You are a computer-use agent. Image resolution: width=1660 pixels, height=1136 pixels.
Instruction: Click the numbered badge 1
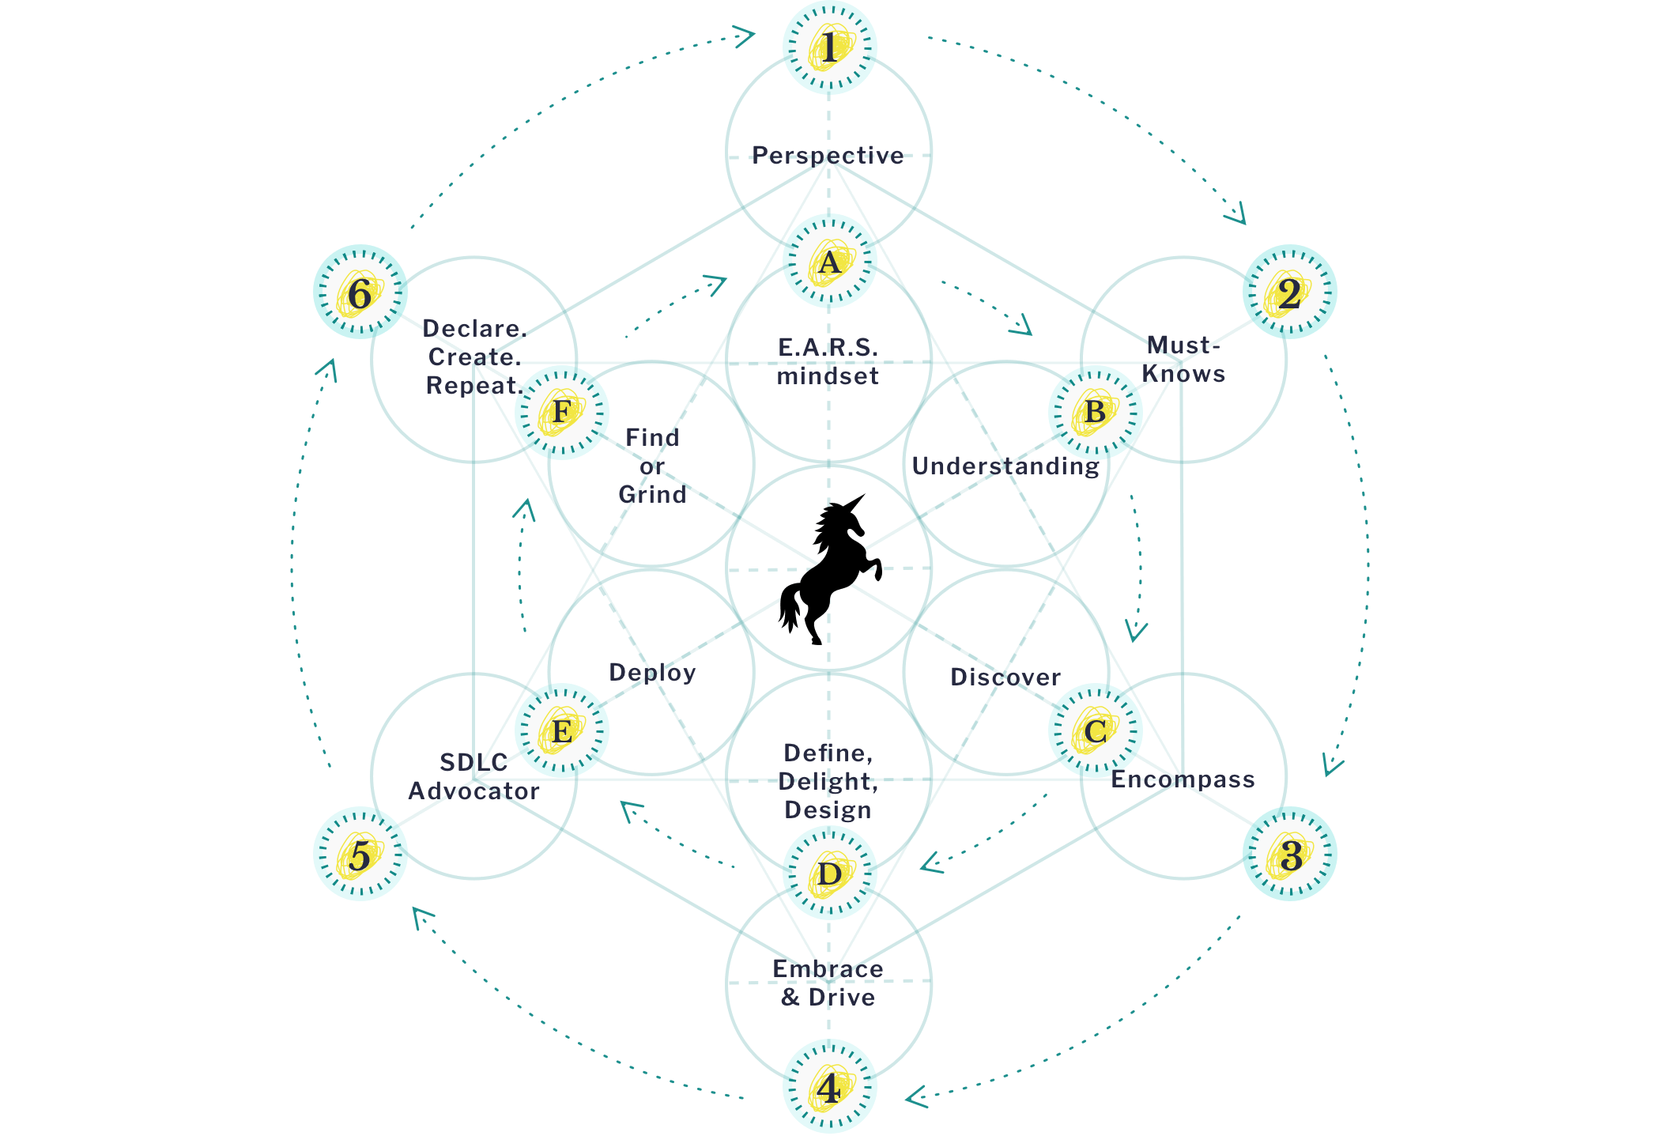pyautogui.click(x=829, y=47)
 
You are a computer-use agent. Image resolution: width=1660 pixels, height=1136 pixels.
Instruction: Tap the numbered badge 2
pyautogui.click(x=1289, y=292)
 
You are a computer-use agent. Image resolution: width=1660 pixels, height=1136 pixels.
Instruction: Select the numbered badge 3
pyautogui.click(x=1289, y=854)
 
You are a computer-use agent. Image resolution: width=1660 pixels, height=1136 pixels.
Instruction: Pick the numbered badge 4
pyautogui.click(x=829, y=1087)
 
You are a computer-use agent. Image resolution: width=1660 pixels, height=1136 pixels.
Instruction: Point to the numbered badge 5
pyautogui.click(x=360, y=854)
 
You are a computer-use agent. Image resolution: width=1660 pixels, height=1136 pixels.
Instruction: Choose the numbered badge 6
pyautogui.click(x=360, y=292)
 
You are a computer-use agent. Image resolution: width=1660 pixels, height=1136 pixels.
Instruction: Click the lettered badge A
pyautogui.click(x=829, y=261)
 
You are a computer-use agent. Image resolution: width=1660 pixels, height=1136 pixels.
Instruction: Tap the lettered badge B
pyautogui.click(x=1095, y=412)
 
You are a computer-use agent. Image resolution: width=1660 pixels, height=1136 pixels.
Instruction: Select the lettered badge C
pyautogui.click(x=1095, y=730)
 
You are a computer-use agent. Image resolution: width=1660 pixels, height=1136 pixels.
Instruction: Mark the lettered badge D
pyautogui.click(x=829, y=873)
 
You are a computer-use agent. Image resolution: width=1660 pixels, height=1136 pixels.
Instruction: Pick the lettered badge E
pyautogui.click(x=562, y=730)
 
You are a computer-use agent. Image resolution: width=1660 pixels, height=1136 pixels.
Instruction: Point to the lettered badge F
pyautogui.click(x=562, y=412)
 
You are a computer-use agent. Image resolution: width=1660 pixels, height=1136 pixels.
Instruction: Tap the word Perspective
pyautogui.click(x=828, y=155)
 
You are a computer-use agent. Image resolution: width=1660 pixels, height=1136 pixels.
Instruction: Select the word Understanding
pyautogui.click(x=1005, y=466)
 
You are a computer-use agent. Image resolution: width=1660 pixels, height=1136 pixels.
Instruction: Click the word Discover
pyautogui.click(x=1005, y=677)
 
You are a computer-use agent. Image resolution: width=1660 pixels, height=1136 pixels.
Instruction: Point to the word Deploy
pyautogui.click(x=652, y=672)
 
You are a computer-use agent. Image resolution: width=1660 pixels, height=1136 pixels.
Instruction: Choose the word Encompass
pyautogui.click(x=1183, y=779)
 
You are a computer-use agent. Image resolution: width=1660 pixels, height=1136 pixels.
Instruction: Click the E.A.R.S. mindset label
pyautogui.click(x=828, y=361)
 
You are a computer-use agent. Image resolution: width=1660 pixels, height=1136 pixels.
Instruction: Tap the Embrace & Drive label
pyautogui.click(x=828, y=983)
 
